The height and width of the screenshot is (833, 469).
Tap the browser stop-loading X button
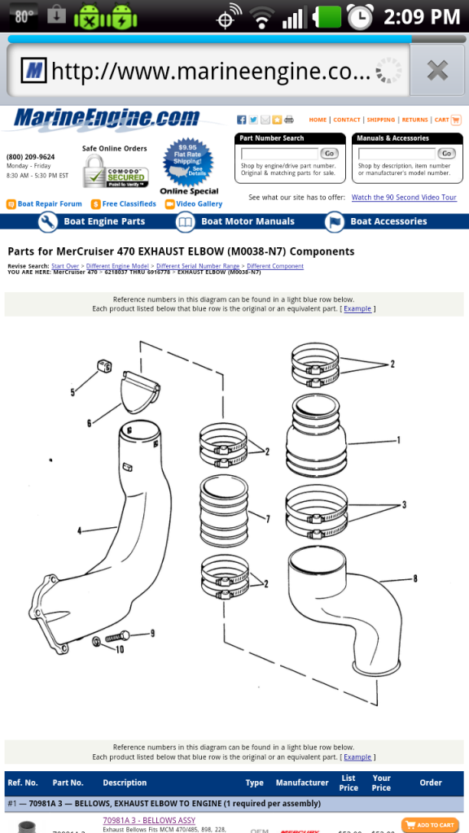coord(437,71)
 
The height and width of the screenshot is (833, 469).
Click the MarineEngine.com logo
coord(106,119)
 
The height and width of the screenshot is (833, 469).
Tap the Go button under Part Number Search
coord(329,153)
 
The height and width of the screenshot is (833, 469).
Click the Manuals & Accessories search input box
coord(397,153)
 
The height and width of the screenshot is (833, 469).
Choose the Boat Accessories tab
coord(377,221)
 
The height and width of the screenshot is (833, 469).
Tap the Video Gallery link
coord(199,204)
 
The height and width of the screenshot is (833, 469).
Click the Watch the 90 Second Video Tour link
coord(404,198)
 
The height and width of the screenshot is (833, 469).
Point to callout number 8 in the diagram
coord(414,579)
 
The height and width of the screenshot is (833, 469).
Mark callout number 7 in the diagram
coord(266,517)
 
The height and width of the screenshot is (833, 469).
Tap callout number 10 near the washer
coord(120,650)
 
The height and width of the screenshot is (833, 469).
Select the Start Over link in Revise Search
coord(65,266)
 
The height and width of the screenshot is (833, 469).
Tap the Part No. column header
coord(68,783)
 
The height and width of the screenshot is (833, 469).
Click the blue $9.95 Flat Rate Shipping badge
coord(189,163)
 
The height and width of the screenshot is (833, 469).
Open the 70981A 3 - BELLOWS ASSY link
coord(149,820)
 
